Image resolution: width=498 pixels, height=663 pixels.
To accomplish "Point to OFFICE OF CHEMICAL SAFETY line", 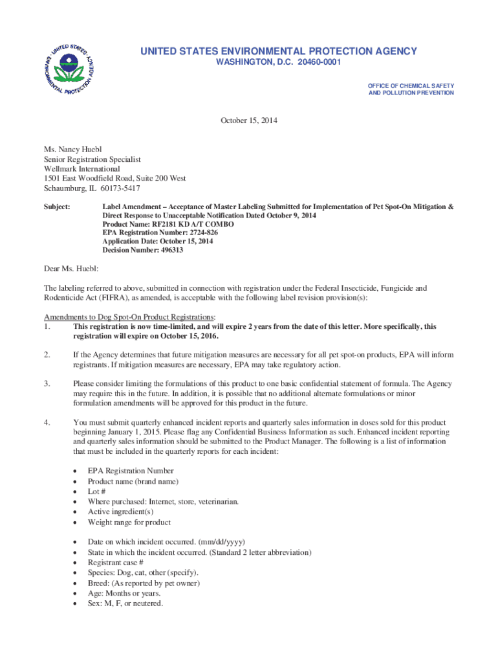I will [x=411, y=85].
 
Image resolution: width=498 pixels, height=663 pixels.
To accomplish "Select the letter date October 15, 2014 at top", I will [x=249, y=121].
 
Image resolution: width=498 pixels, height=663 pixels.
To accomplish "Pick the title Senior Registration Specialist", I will [x=92, y=159].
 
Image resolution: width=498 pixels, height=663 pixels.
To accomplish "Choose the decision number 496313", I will [x=171, y=250].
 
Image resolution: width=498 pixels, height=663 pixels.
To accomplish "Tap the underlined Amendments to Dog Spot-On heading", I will [x=129, y=317].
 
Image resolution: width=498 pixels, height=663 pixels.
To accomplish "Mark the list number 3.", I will [x=47, y=384].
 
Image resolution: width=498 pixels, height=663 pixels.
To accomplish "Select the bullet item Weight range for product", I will [x=129, y=522].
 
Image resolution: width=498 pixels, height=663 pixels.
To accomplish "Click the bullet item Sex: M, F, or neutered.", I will [x=125, y=603].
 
